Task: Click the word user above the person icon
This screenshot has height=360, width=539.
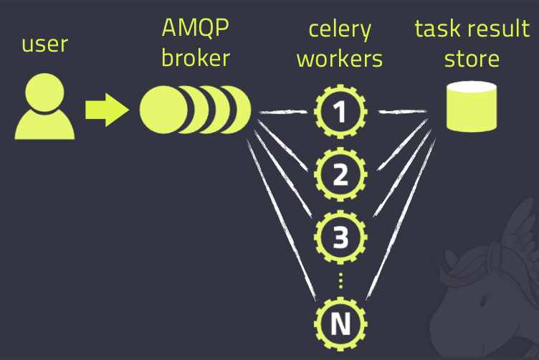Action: point(44,44)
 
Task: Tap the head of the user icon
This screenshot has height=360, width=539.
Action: point(44,92)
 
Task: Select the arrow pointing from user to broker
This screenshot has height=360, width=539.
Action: point(107,110)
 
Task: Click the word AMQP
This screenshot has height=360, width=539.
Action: point(195,28)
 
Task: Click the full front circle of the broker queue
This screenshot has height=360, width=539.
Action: point(163,110)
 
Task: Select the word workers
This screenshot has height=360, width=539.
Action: point(340,59)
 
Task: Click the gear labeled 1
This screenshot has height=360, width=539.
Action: point(340,111)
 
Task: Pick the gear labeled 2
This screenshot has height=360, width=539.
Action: point(340,174)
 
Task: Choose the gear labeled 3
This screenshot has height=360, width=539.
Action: point(340,237)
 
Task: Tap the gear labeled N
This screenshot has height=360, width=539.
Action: point(340,324)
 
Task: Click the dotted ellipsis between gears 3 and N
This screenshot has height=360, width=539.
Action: point(340,280)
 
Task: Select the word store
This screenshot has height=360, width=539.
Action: point(472,59)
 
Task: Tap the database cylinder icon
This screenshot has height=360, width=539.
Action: point(472,106)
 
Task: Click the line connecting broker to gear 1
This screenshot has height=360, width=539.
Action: point(283,112)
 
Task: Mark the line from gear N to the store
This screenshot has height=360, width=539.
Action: point(401,219)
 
